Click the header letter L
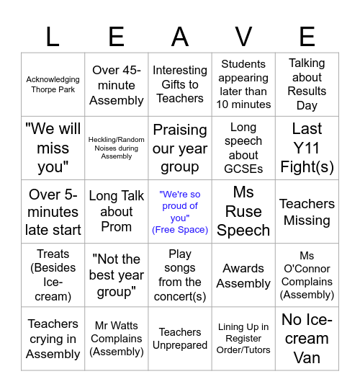[53, 36]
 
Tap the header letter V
[243, 36]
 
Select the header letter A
[180, 36]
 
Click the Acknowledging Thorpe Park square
[53, 84]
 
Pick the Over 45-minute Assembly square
[117, 84]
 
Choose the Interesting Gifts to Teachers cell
[180, 84]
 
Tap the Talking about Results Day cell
[307, 84]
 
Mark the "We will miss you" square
[53, 148]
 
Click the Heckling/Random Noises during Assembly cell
[117, 148]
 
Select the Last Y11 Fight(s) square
[307, 148]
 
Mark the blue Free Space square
[180, 212]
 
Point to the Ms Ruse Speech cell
[243, 212]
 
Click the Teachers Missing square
[307, 212]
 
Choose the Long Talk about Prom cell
[117, 212]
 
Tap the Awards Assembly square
[243, 275]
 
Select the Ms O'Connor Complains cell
[307, 275]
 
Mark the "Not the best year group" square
[117, 275]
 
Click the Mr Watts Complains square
[117, 339]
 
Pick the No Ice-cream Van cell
[307, 339]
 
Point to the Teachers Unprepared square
[180, 339]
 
